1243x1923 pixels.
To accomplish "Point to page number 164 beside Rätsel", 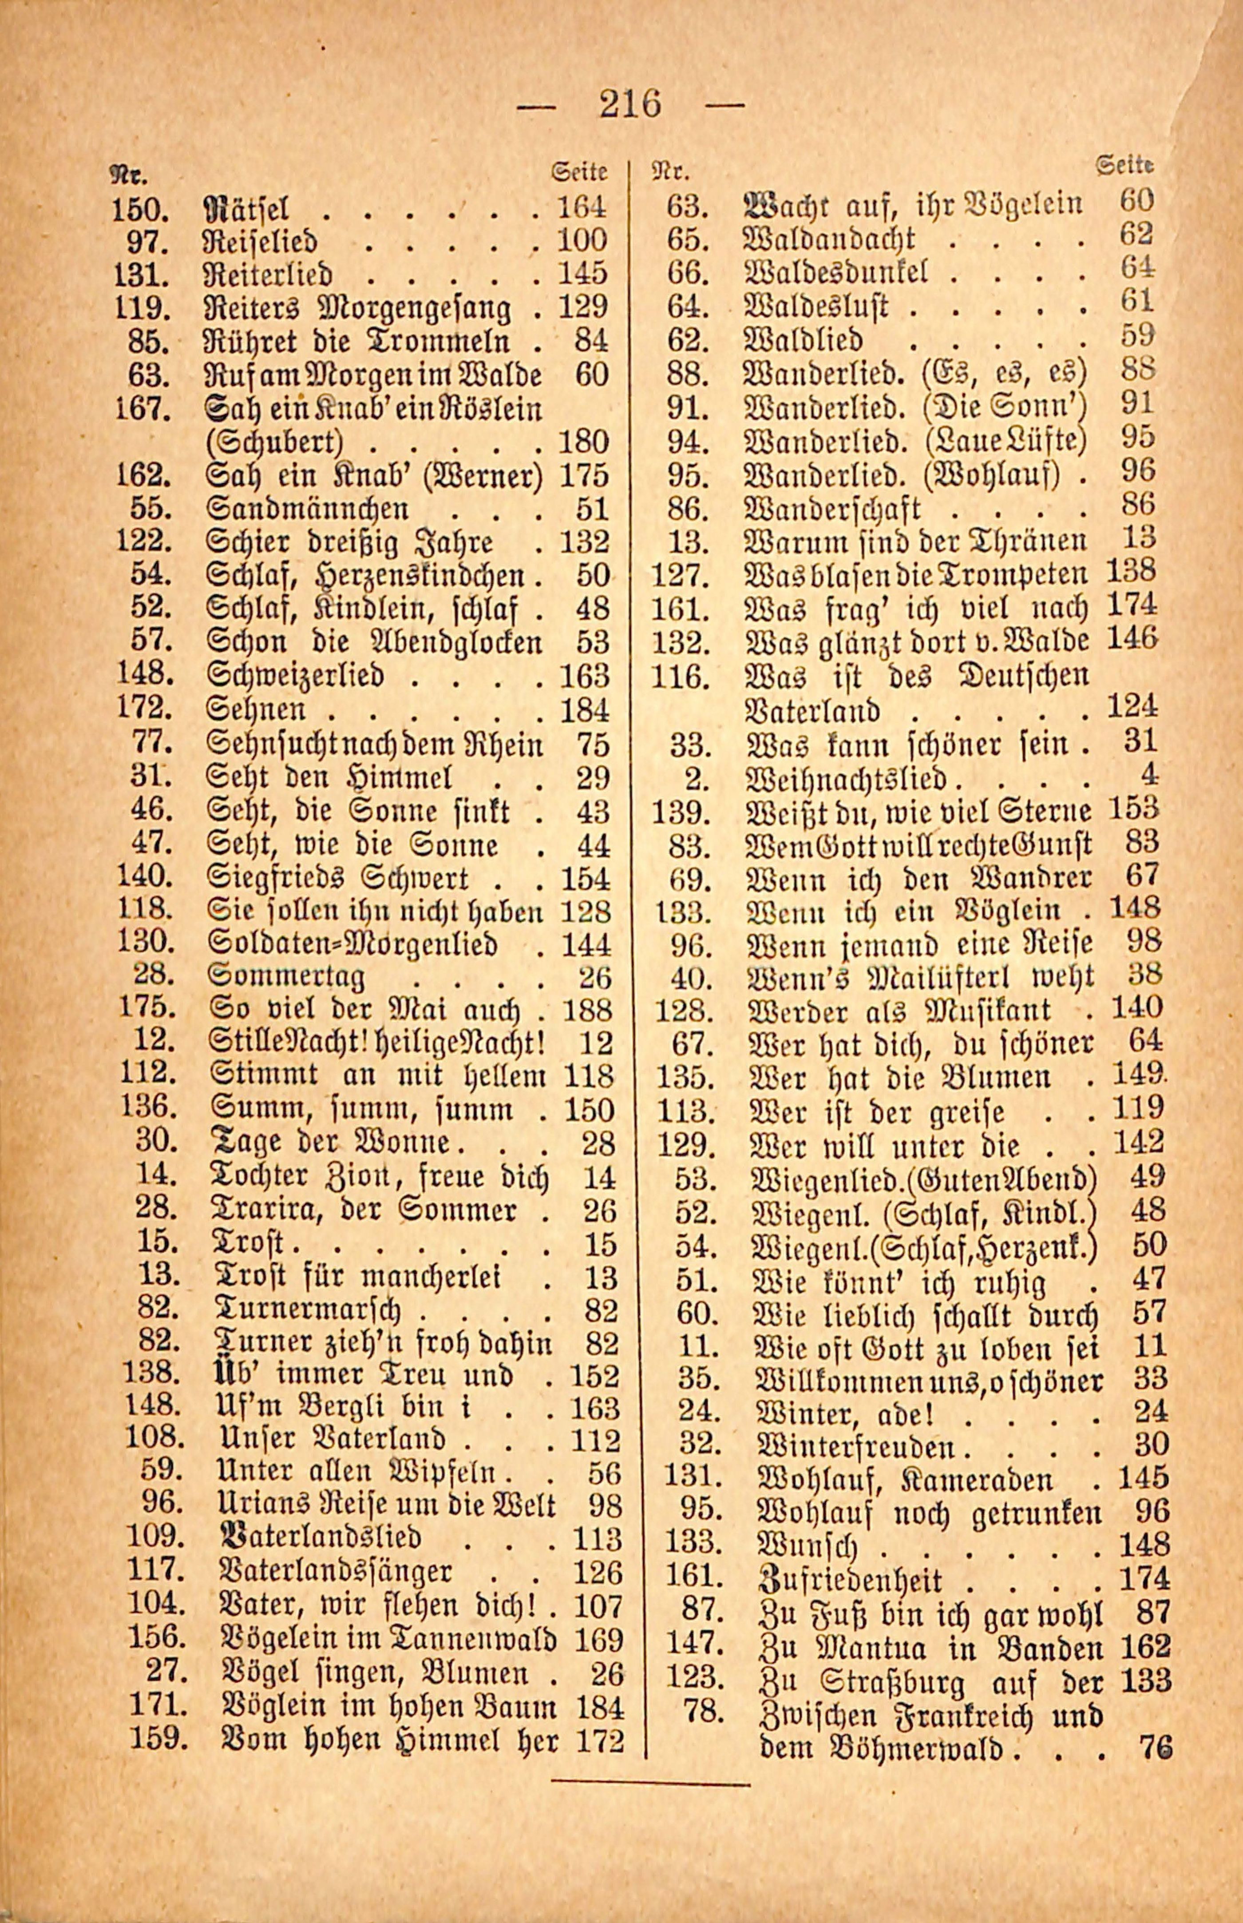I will [x=582, y=208].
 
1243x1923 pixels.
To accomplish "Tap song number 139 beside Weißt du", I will [x=681, y=811].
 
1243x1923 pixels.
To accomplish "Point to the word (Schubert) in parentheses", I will [x=276, y=442].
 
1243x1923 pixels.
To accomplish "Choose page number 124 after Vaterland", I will [x=1132, y=708].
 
